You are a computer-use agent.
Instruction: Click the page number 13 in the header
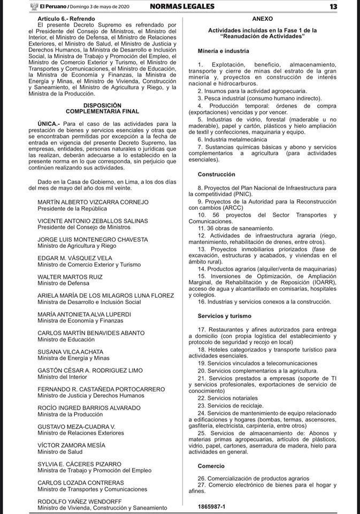point(348,6)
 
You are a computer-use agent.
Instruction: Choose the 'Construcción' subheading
point(216,175)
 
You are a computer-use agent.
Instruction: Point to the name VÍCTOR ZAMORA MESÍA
point(71,445)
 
